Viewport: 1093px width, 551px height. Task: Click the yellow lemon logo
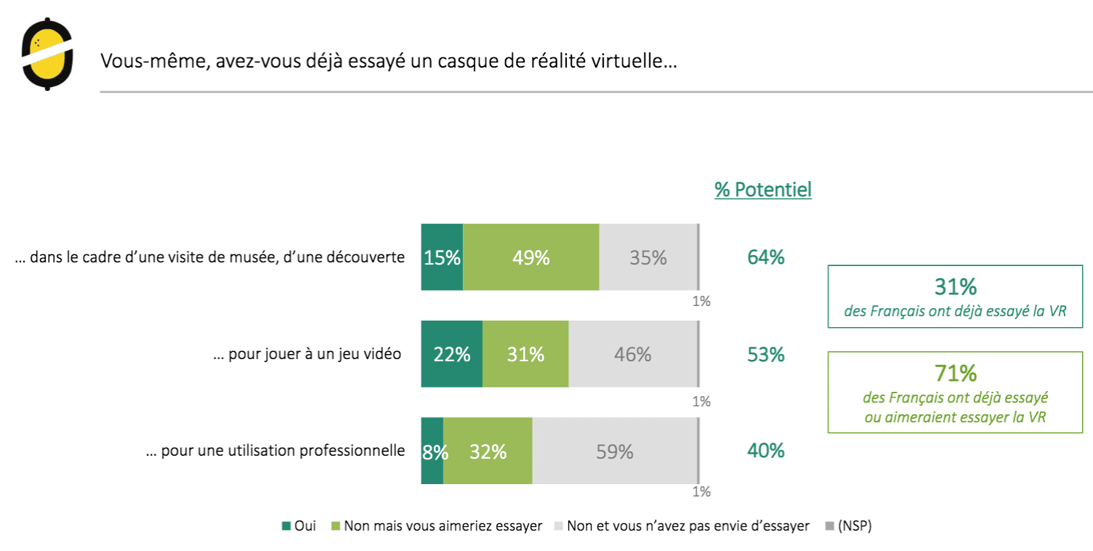(47, 54)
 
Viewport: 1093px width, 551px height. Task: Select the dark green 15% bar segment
(442, 257)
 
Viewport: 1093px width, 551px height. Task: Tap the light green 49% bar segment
(531, 257)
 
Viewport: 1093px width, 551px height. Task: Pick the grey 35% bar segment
(648, 257)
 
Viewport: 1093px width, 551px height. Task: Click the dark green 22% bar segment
(451, 354)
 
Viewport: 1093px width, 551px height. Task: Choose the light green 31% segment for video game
(525, 354)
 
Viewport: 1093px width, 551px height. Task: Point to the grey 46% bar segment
(632, 354)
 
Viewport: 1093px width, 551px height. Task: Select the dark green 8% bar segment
(432, 451)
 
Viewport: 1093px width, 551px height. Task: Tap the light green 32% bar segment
(488, 451)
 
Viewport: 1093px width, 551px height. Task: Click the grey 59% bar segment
(615, 451)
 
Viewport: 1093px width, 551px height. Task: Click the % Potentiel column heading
(763, 190)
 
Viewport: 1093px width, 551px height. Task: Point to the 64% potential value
(766, 257)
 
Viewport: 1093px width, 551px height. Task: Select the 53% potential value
(766, 355)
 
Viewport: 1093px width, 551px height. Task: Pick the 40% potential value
(766, 451)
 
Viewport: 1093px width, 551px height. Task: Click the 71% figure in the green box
(956, 374)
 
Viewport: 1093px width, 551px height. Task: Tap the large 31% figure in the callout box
(956, 287)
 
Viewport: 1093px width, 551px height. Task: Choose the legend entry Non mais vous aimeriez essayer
(436, 526)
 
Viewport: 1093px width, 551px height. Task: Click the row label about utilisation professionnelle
(275, 451)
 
